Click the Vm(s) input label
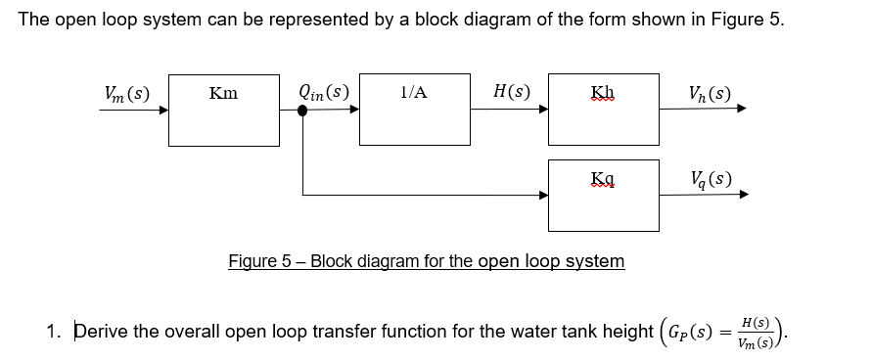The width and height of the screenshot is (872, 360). pyautogui.click(x=127, y=94)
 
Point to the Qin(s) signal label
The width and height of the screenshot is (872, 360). pyautogui.click(x=324, y=94)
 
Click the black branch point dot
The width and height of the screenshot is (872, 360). pyautogui.click(x=303, y=111)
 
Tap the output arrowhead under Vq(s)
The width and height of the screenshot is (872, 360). pyautogui.click(x=742, y=195)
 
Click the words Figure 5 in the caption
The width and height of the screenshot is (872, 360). pyautogui.click(x=259, y=261)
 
